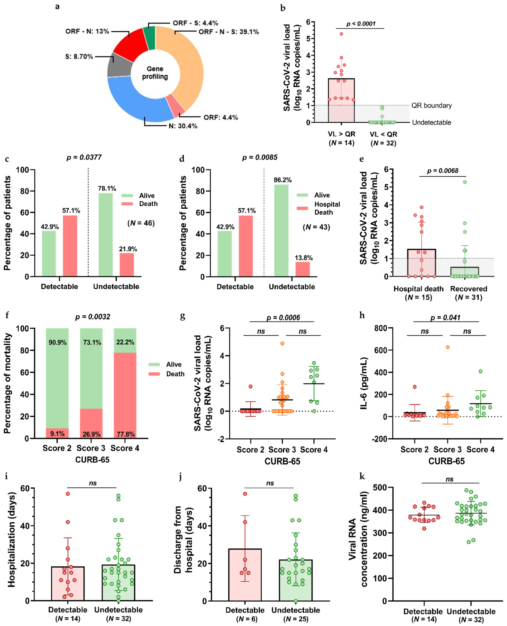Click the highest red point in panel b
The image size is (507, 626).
(341, 34)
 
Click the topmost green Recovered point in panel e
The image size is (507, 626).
(465, 182)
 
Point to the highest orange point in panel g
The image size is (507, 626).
(282, 343)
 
